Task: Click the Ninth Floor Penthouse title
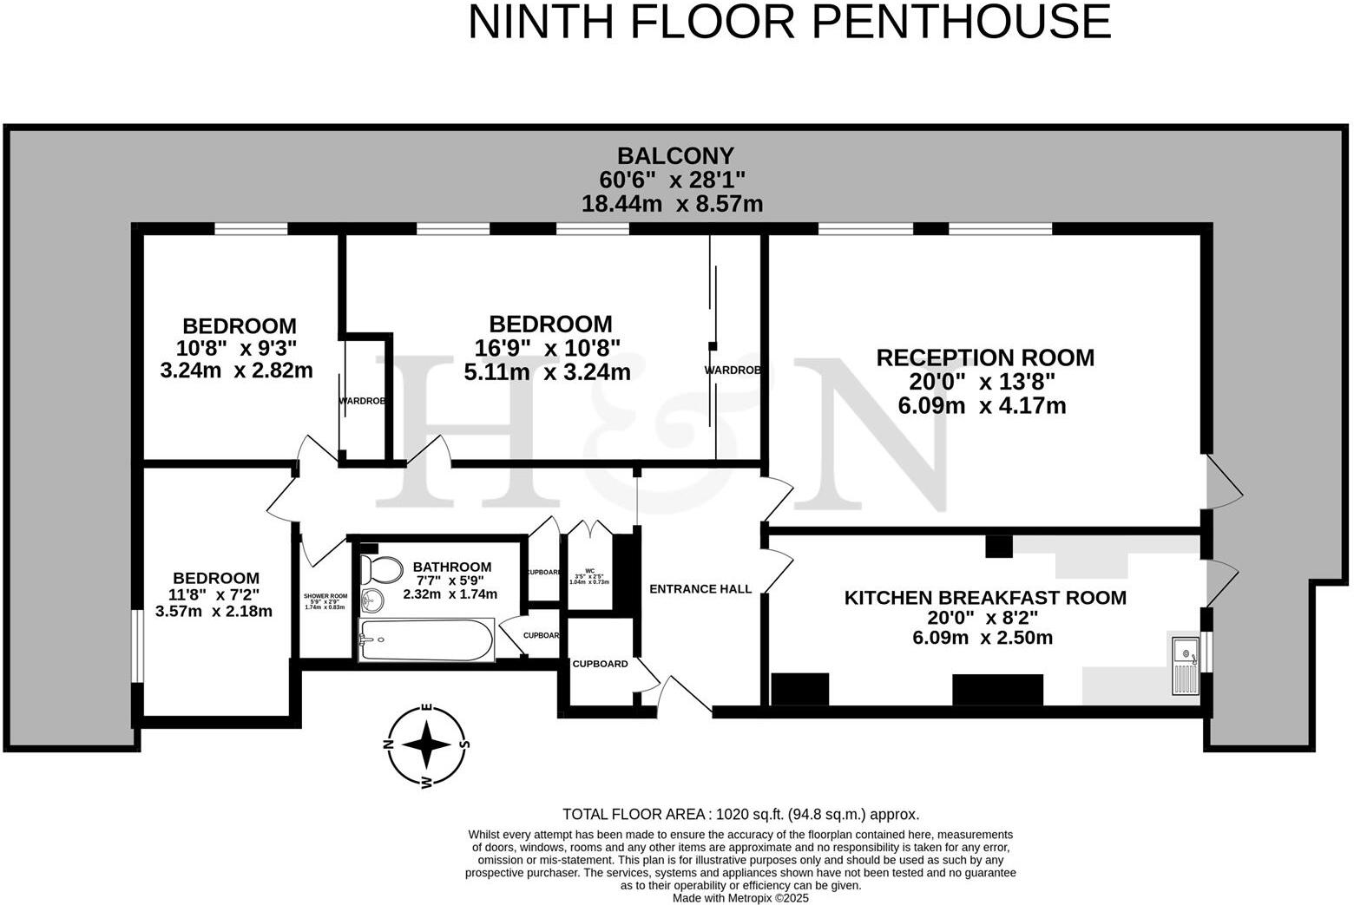tap(789, 22)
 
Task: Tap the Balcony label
tap(675, 156)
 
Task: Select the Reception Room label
tap(984, 357)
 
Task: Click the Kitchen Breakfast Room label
tap(985, 598)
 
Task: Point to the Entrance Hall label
tap(700, 589)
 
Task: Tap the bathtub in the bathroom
tap(425, 641)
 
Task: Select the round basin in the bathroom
tap(374, 600)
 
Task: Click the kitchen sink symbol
tap(1184, 666)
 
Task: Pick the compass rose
tap(426, 744)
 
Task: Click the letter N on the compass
tap(390, 744)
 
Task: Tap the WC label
tap(589, 572)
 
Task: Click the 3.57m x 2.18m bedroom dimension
tap(214, 611)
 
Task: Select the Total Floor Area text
tap(740, 815)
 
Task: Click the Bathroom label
tap(451, 567)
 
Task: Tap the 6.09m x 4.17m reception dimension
tap(982, 405)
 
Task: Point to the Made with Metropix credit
tap(740, 898)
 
